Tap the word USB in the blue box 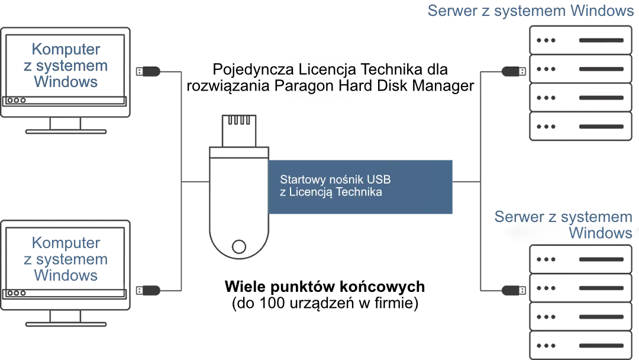point(379,179)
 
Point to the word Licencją point(314,192)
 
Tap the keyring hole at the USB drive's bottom point(238,244)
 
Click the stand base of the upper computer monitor point(66,133)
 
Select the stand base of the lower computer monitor point(66,325)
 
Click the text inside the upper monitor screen point(66,65)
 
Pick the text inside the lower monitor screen point(66,259)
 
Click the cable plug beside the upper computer point(146,73)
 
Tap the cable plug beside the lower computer point(146,291)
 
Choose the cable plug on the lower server point(512,291)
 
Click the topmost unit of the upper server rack point(579,41)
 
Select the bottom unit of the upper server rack point(579,128)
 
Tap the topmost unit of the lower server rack point(579,260)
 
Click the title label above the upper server point(531,12)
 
